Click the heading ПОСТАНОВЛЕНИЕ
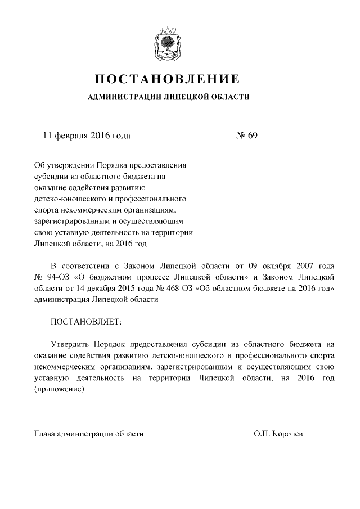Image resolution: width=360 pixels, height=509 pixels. [169, 79]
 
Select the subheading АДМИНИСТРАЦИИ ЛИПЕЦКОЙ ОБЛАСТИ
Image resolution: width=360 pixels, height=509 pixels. [169, 97]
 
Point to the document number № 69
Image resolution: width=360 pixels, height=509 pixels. [246, 136]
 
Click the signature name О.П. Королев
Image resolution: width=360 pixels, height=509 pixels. [278, 434]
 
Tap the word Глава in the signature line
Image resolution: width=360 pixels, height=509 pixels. [45, 434]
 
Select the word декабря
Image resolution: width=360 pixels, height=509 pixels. [106, 289]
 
